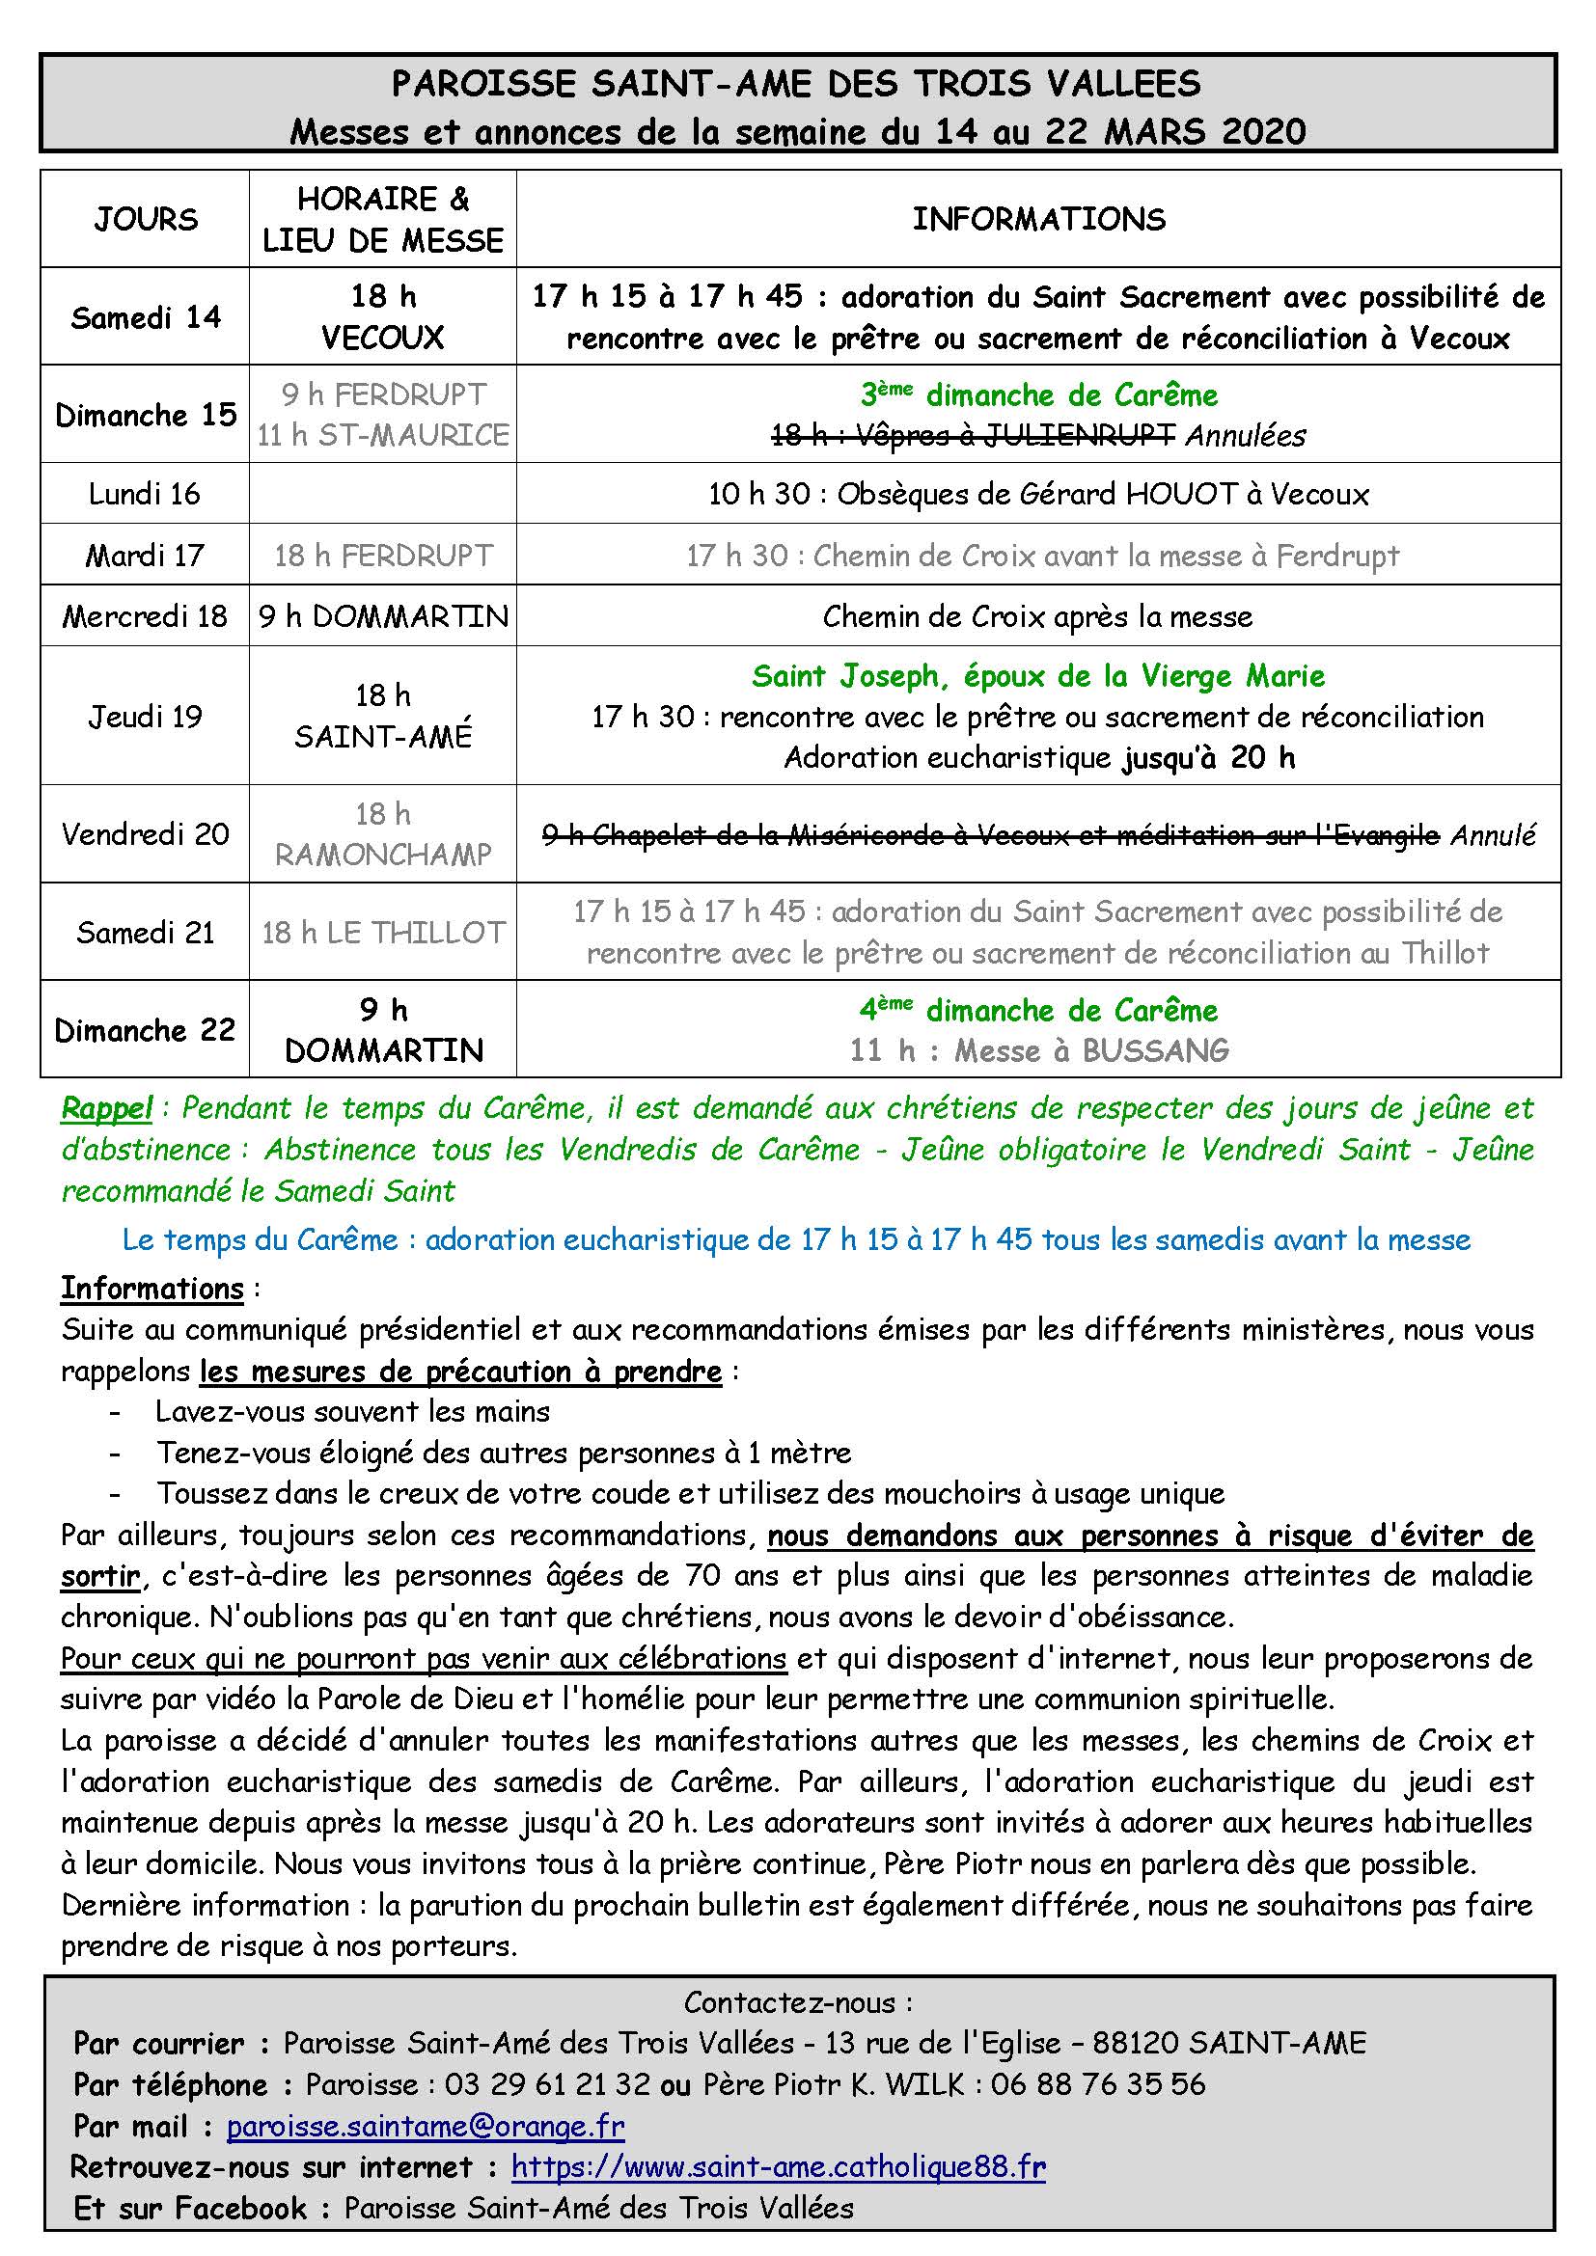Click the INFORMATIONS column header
(x=1038, y=219)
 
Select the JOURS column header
(x=146, y=219)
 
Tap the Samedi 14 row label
(x=146, y=317)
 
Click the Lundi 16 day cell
(x=145, y=493)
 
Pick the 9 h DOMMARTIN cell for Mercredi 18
(x=383, y=616)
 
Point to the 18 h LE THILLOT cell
(x=383, y=932)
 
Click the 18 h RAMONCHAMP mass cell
(x=383, y=834)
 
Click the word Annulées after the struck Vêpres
(x=1245, y=435)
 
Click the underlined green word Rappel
(x=106, y=1108)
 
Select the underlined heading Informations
(x=152, y=1289)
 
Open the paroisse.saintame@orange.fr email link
(x=426, y=2128)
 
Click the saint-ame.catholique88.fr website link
(x=779, y=2166)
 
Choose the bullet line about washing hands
(x=352, y=1412)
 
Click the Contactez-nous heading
(x=798, y=2002)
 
